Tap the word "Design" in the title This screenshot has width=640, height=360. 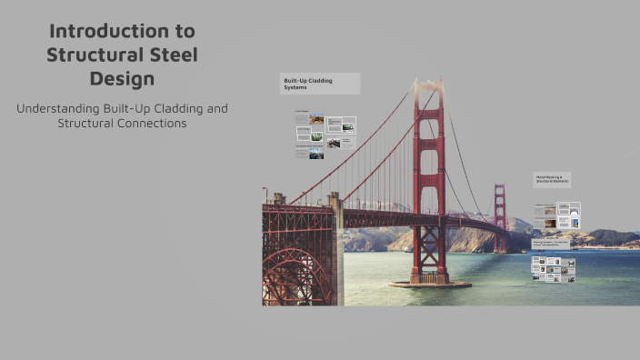coord(122,79)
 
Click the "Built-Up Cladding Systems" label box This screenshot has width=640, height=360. coord(320,84)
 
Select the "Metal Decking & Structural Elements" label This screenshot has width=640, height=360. coord(552,180)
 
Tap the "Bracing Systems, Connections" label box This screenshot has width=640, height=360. coord(552,244)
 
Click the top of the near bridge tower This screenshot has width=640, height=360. coord(428,88)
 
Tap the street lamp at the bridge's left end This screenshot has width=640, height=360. coord(265,194)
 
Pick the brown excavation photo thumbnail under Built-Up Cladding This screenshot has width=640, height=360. coord(316,119)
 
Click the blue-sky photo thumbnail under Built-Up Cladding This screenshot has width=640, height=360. coord(315,154)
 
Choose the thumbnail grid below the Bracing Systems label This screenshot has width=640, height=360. coord(554,269)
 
